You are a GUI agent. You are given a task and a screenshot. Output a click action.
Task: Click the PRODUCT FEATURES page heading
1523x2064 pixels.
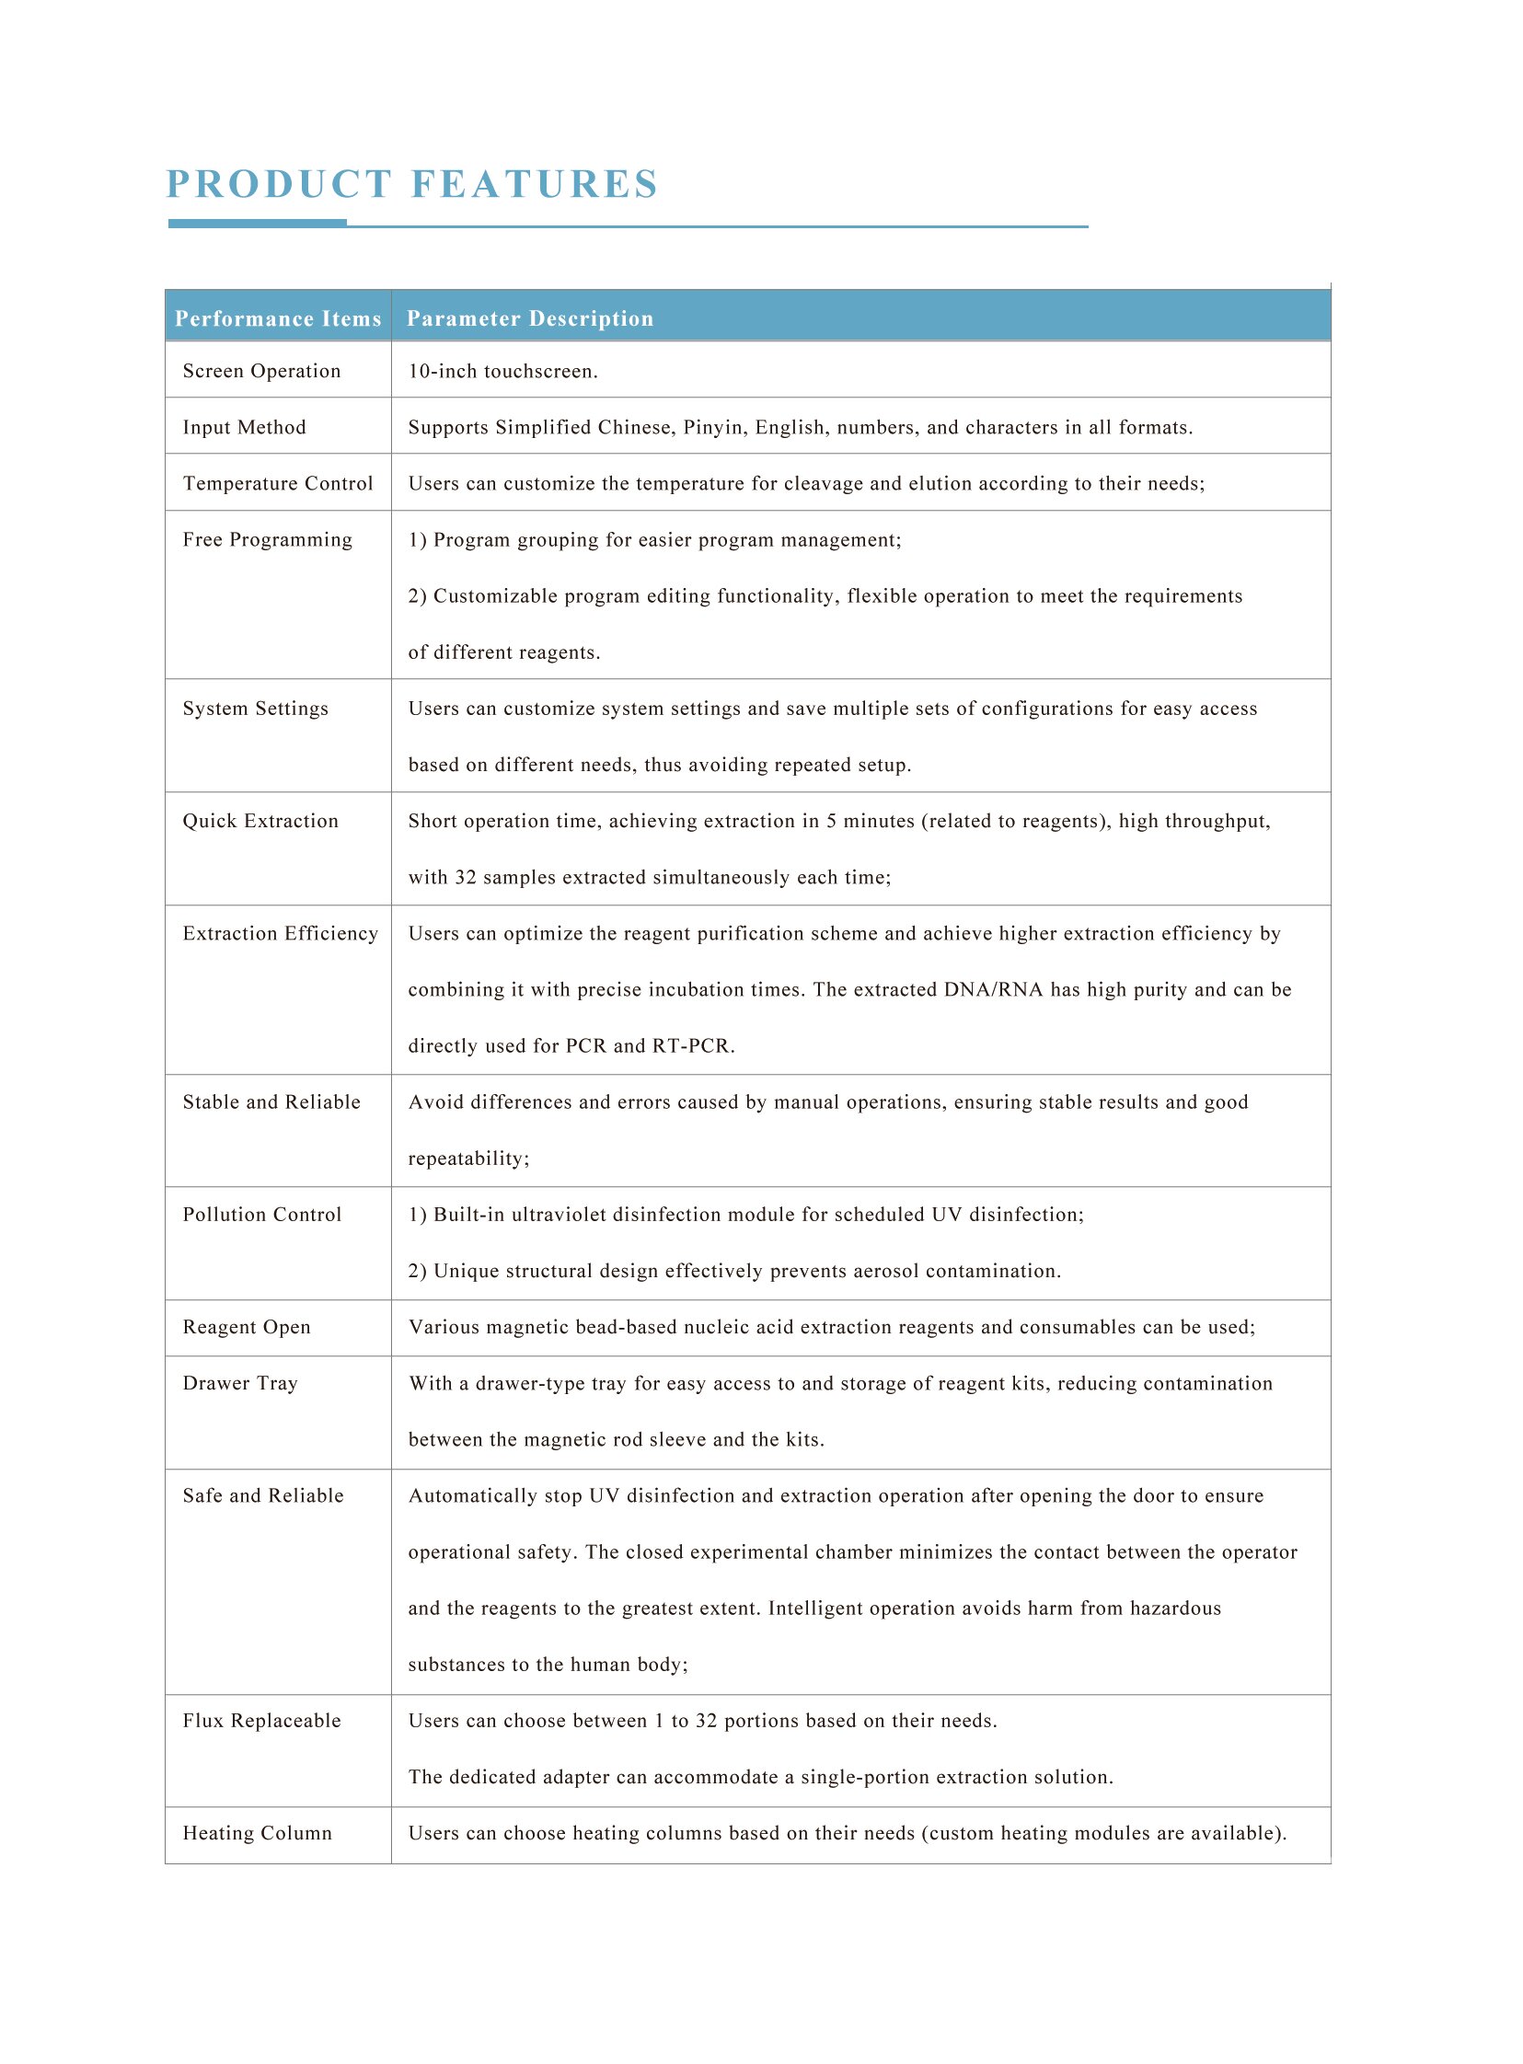pos(412,184)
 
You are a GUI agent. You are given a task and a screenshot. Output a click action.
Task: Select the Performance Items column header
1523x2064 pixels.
pos(278,319)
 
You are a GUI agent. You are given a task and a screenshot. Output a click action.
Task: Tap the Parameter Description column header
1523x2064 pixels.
pos(530,319)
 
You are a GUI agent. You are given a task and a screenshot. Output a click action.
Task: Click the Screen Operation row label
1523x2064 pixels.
pos(262,372)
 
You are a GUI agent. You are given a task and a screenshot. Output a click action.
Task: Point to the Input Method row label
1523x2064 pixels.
pos(244,428)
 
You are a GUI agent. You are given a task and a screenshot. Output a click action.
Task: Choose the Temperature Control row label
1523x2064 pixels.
pos(278,484)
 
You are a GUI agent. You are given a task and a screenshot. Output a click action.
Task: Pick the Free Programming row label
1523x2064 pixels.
pos(268,540)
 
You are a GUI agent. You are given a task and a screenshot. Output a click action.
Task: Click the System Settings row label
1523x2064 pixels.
pos(256,709)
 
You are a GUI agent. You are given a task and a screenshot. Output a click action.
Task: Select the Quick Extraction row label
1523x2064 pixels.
pos(261,822)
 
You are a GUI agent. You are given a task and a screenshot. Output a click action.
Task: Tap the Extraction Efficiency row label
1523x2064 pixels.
pos(281,934)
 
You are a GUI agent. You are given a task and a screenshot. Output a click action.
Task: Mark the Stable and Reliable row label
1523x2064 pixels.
pos(272,1102)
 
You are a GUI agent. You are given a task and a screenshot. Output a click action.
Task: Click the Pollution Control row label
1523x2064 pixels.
pos(262,1215)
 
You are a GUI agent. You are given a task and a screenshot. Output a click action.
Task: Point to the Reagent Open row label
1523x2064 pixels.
pos(247,1328)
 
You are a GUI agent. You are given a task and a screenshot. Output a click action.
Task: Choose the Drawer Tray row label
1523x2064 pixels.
pos(240,1384)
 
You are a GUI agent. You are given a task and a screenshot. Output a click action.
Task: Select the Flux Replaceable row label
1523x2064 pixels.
pos(262,1721)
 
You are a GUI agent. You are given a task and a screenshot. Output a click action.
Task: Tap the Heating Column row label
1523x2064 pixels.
pos(258,1834)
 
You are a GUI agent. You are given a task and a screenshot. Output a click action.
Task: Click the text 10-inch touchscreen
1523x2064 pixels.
pos(503,372)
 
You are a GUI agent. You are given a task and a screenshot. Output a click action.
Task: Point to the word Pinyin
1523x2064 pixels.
pos(714,428)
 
